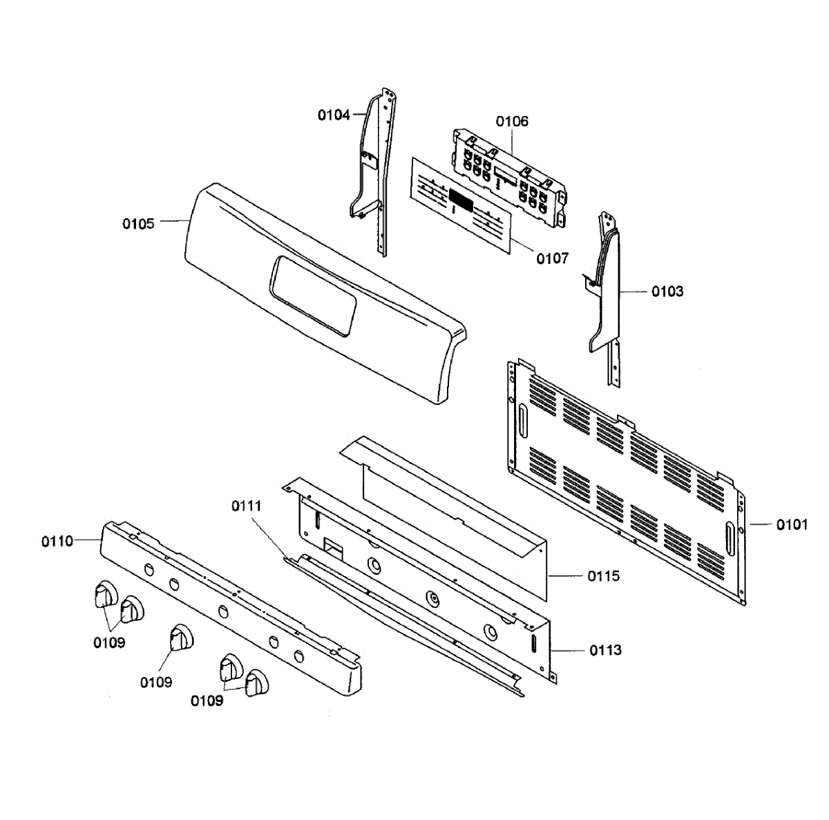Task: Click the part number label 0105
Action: point(138,224)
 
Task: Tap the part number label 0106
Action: point(512,122)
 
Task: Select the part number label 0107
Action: point(553,258)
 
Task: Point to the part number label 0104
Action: point(334,115)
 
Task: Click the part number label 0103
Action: point(667,292)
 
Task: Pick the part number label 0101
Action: point(792,525)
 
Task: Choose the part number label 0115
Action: point(604,576)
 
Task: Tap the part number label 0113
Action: point(605,650)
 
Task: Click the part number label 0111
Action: point(247,506)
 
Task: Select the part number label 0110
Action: point(57,542)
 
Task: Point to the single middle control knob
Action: point(182,636)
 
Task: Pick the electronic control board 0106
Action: point(510,176)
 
